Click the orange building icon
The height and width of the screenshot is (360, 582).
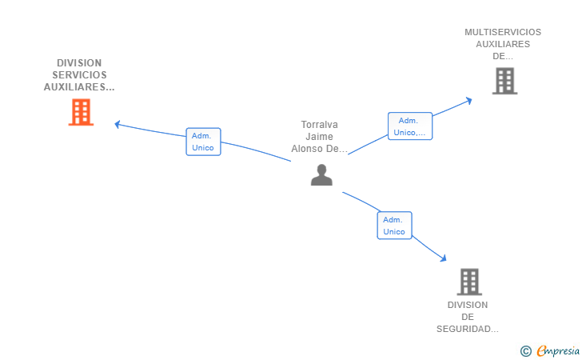[81, 112]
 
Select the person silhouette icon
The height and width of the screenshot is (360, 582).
[321, 174]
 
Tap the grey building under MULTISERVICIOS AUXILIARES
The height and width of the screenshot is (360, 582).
[504, 81]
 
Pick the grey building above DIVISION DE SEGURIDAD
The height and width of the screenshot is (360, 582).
[469, 282]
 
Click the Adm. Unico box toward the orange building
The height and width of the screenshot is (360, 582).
[203, 142]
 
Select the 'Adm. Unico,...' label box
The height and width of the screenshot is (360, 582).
[410, 126]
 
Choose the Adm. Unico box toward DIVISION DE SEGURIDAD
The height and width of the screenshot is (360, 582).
[395, 226]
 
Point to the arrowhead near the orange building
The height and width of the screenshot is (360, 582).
[117, 125]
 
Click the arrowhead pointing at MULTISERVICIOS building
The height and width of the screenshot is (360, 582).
[469, 100]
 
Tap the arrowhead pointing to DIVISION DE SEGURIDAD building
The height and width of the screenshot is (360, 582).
[443, 258]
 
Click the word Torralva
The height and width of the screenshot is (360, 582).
[319, 125]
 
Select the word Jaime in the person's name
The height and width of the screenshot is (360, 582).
[319, 137]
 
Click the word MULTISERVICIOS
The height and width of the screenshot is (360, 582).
[503, 32]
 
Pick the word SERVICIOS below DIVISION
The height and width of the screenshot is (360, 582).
[79, 75]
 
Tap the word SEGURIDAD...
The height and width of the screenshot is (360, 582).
[468, 329]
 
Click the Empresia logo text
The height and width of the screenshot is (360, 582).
[558, 350]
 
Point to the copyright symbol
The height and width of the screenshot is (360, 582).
[526, 351]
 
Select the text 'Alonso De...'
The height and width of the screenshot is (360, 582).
[319, 149]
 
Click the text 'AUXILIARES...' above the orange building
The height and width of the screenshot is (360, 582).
[79, 87]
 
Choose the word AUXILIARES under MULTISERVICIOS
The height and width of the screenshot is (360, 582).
[503, 44]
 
